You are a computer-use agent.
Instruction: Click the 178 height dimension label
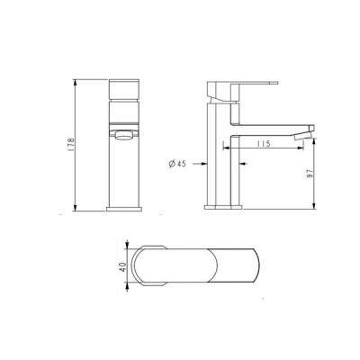click(x=71, y=145)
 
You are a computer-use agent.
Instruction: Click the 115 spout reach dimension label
click(x=264, y=144)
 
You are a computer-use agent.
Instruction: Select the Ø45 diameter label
click(x=177, y=164)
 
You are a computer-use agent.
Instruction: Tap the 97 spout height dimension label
click(x=310, y=173)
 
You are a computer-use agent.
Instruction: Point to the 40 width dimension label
click(x=122, y=266)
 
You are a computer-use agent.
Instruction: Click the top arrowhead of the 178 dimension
click(x=75, y=82)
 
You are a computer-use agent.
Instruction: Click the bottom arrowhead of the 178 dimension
click(x=75, y=208)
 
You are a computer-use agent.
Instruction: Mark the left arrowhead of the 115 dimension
click(x=225, y=148)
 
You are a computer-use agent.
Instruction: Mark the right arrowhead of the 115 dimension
click(x=300, y=148)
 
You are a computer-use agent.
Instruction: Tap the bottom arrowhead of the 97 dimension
click(x=314, y=206)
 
